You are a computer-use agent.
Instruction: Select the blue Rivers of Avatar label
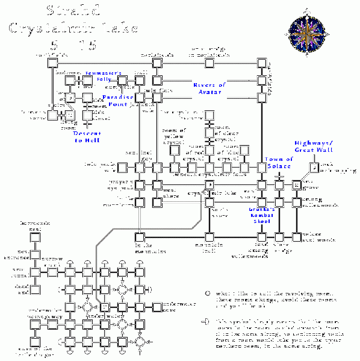[x=209, y=88]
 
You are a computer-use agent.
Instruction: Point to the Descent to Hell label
[x=87, y=137]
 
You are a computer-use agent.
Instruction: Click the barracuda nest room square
[x=35, y=237]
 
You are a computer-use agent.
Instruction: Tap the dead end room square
[x=35, y=289]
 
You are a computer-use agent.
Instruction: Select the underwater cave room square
[x=157, y=307]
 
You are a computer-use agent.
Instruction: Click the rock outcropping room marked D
[x=314, y=167]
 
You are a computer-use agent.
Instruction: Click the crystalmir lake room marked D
[x=209, y=184]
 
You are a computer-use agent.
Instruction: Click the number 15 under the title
[x=87, y=44]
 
